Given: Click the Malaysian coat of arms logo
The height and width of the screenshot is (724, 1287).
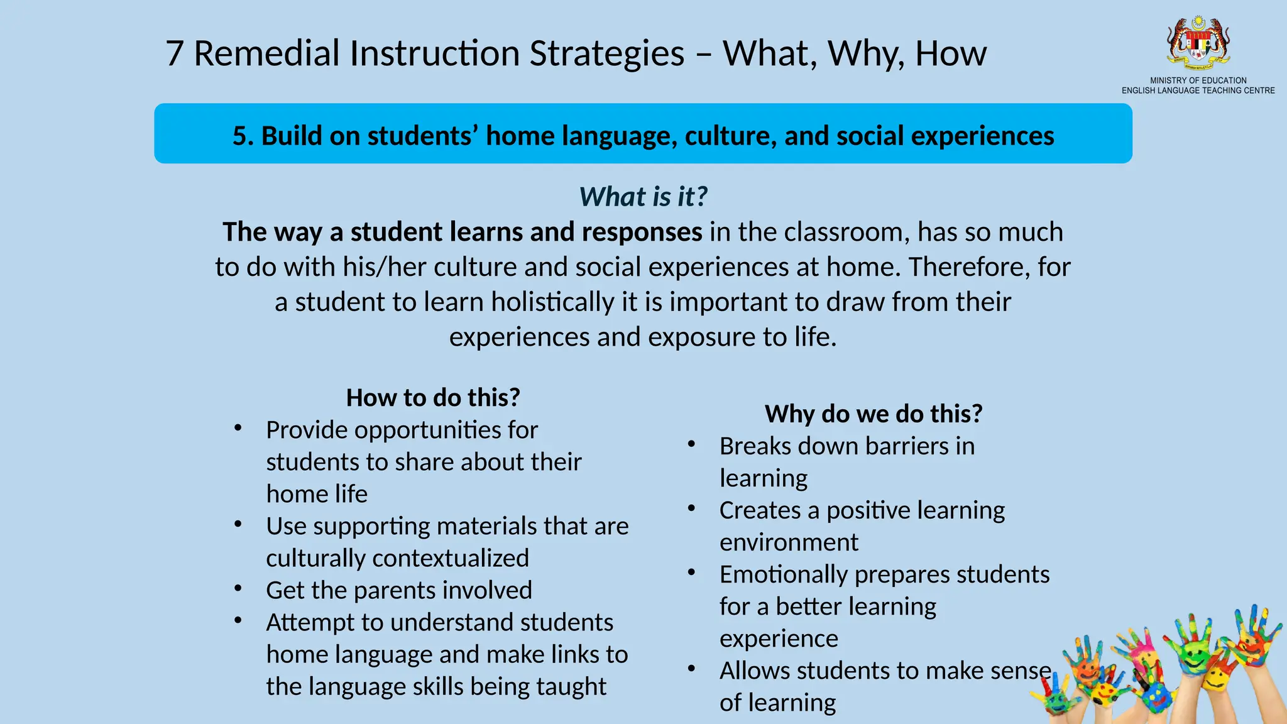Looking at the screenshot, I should (x=1198, y=42).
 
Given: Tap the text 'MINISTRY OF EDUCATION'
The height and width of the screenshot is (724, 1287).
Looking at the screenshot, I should (x=1198, y=80).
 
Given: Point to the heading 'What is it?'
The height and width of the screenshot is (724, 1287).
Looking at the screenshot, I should (x=643, y=197).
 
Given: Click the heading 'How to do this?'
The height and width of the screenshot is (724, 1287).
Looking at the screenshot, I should (x=433, y=398).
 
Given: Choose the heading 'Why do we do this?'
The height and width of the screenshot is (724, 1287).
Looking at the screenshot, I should (x=873, y=414).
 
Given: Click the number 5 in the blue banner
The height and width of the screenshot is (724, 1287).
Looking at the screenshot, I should (x=239, y=136).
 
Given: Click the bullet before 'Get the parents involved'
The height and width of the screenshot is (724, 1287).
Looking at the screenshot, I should (x=238, y=589).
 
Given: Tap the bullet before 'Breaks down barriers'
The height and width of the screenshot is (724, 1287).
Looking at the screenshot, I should (x=691, y=444).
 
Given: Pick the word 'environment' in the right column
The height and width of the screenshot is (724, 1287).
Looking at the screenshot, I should (x=789, y=542).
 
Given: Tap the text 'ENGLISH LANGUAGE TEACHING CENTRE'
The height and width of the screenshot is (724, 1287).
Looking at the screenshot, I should (x=1198, y=90).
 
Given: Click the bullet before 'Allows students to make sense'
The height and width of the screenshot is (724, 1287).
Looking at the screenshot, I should (x=691, y=669).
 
